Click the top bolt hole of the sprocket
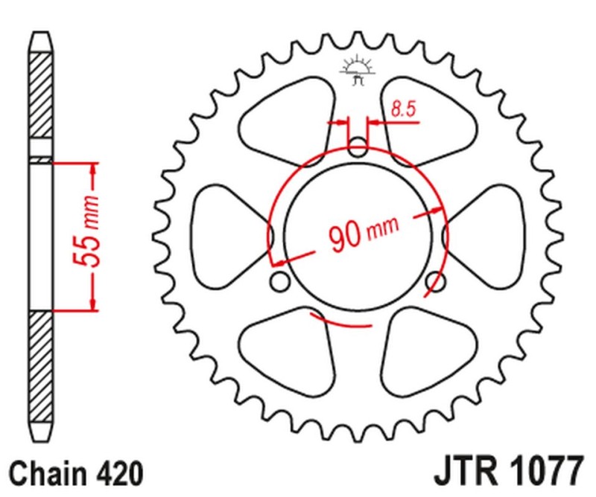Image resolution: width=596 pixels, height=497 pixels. [358, 147]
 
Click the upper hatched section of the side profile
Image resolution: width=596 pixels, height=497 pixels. [42, 104]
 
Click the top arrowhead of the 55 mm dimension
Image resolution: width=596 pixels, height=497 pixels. [94, 169]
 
